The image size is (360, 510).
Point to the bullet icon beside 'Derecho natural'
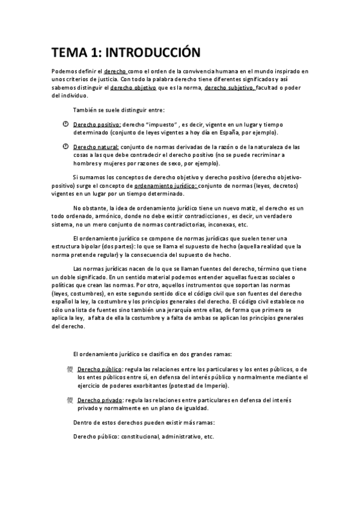tap(66, 146)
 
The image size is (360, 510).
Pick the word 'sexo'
tap(174, 163)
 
